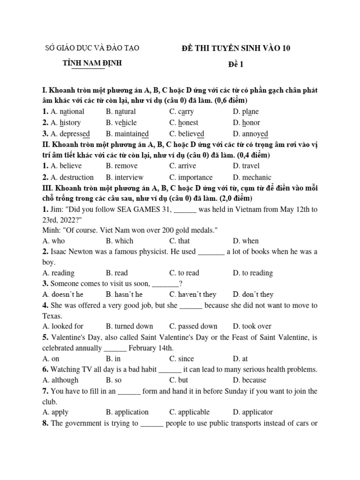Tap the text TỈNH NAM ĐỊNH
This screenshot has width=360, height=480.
92,63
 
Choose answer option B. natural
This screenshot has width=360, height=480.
121,112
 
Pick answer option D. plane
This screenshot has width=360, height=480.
246,112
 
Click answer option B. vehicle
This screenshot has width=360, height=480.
121,122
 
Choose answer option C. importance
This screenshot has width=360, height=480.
191,177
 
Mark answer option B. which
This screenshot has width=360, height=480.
120,241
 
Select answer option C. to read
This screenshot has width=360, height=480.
184,273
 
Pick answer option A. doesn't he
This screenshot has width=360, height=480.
63,294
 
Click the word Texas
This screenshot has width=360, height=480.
52,316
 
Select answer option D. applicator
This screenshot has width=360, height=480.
253,412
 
